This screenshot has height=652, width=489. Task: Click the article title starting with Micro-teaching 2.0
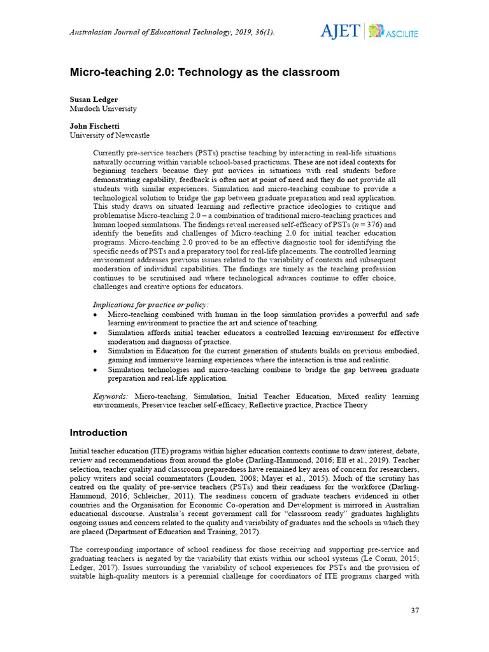pos(204,73)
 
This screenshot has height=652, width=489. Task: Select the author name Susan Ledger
pos(93,100)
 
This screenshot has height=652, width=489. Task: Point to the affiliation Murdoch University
pos(103,109)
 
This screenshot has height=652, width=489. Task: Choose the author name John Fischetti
pos(95,126)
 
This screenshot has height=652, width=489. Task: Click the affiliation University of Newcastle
pos(110,135)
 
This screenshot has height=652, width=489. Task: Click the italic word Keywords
pos(111,396)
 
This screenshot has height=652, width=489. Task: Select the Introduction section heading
pos(98,433)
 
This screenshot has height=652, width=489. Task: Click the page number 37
pos(415,611)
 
